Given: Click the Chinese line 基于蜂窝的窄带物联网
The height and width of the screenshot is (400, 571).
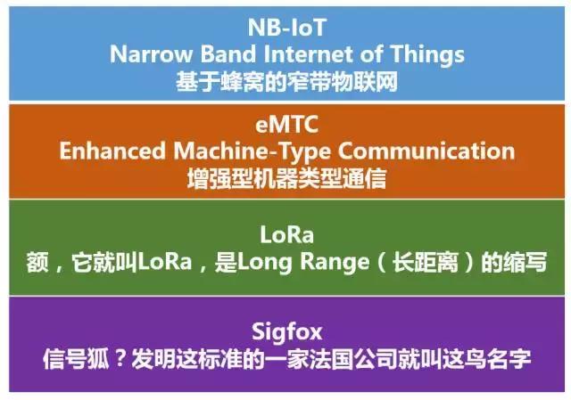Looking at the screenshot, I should pyautogui.click(x=286, y=82).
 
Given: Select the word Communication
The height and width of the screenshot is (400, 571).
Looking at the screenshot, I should pyautogui.click(x=433, y=151).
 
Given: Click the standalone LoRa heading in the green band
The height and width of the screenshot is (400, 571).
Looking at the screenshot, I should pyautogui.click(x=286, y=236).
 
